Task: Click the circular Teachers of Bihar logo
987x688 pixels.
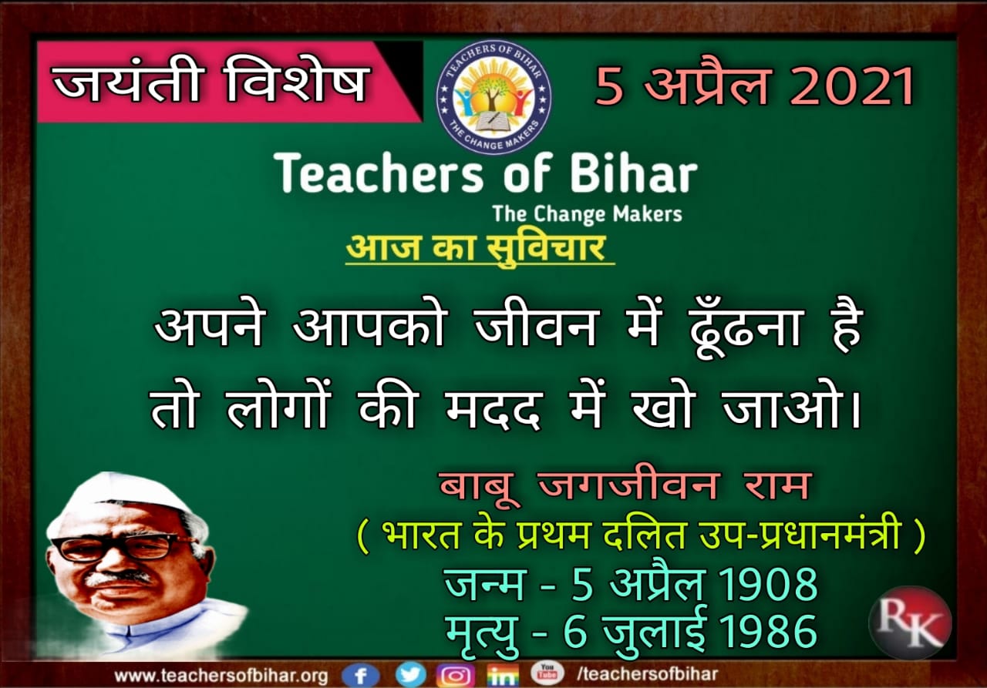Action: click(493, 97)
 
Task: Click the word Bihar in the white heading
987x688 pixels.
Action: click(634, 173)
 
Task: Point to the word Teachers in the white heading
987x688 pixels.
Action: click(378, 173)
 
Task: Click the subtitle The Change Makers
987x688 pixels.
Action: click(588, 214)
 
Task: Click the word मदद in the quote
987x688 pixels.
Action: click(493, 409)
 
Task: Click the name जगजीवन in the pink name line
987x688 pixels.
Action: click(628, 486)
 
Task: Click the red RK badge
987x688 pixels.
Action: click(911, 623)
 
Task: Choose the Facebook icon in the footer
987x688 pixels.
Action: click(360, 676)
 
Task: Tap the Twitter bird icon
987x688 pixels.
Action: click(411, 674)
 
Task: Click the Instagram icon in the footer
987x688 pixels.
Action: click(456, 676)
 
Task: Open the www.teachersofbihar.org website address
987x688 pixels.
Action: click(221, 676)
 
